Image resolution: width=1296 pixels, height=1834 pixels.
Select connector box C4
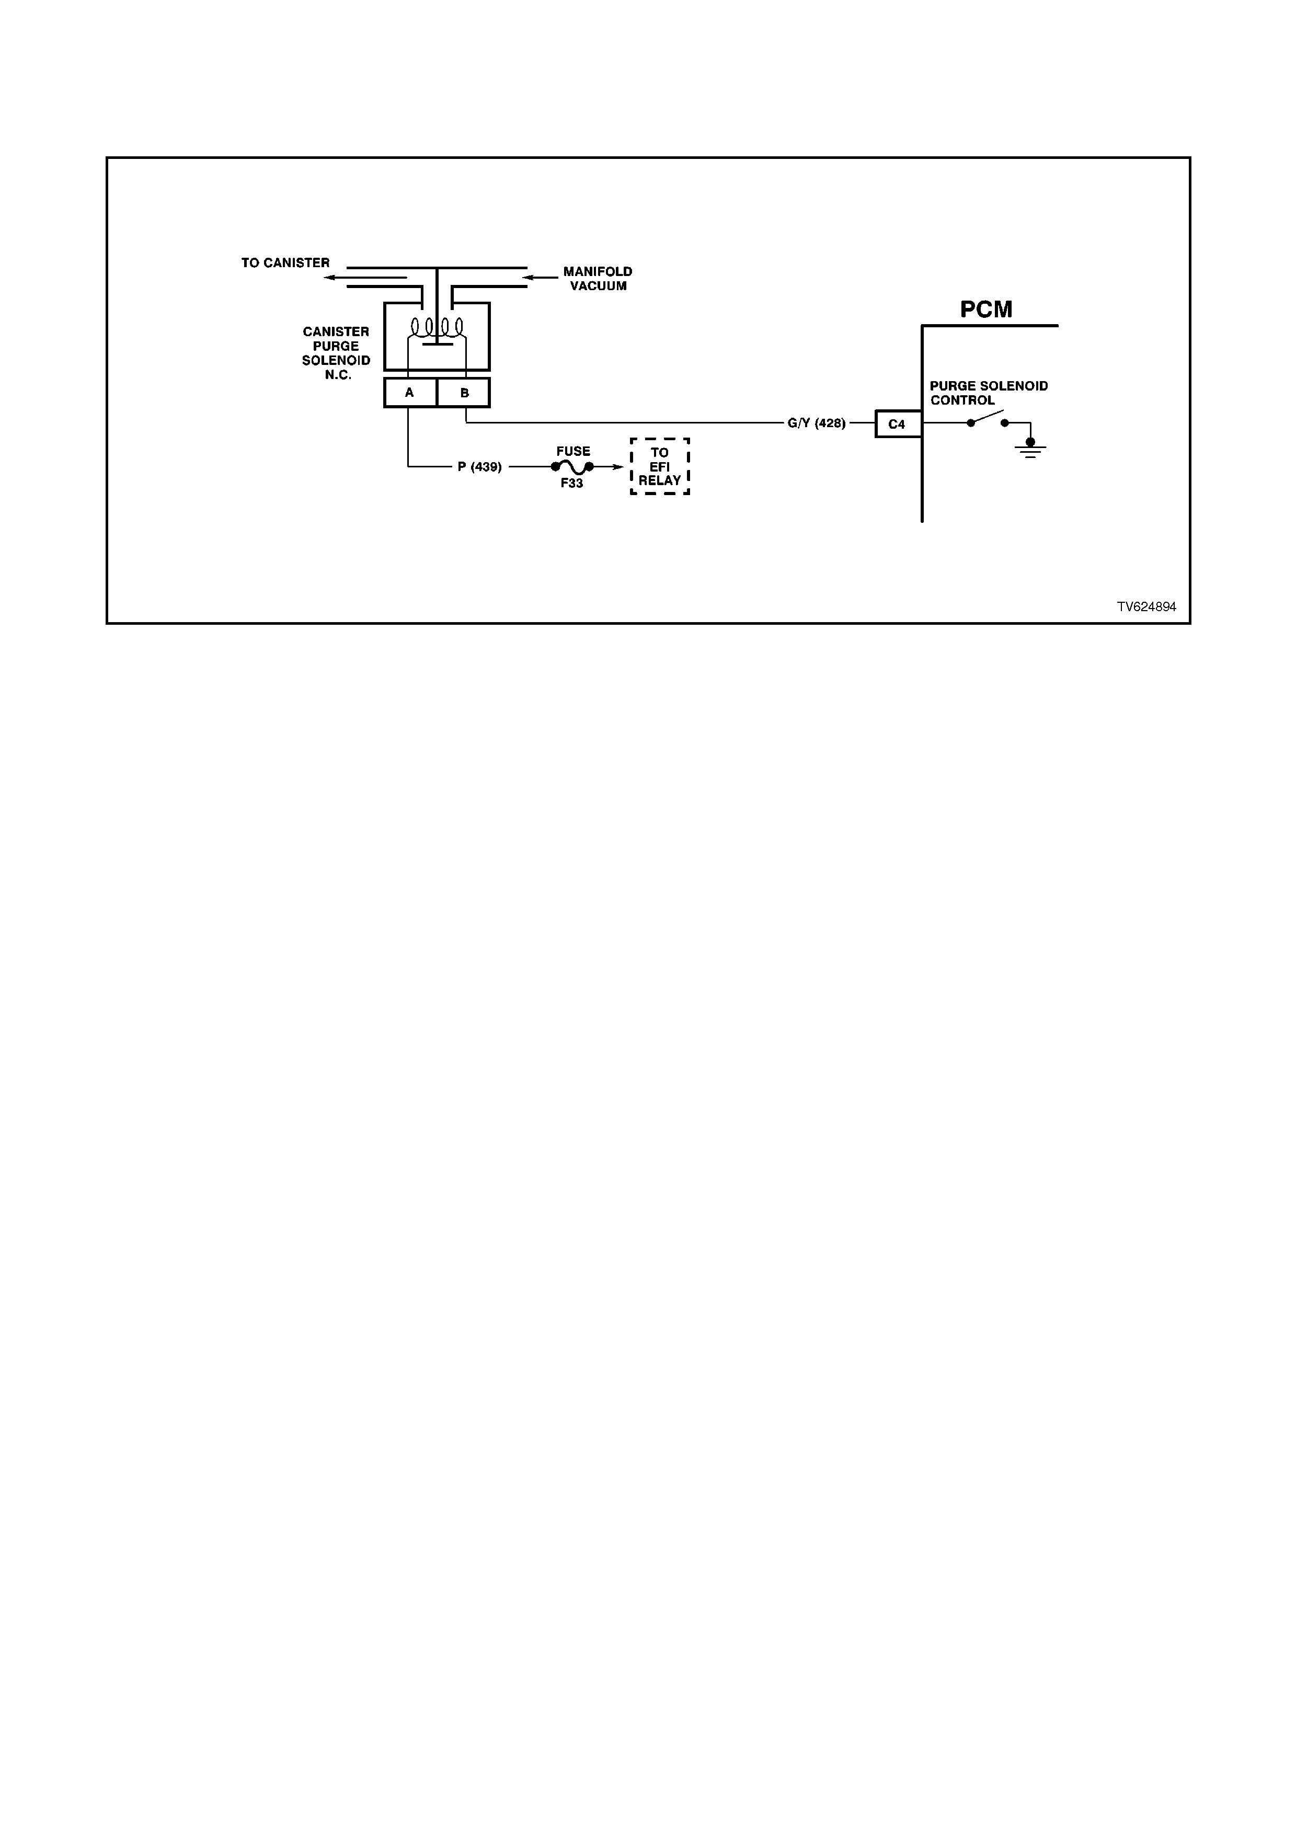click(898, 424)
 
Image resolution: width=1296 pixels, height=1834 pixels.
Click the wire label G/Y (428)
click(816, 423)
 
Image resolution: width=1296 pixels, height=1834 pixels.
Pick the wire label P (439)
click(479, 467)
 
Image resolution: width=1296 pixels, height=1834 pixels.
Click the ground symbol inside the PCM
click(1030, 448)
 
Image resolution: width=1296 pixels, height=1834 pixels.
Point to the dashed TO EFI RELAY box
click(660, 466)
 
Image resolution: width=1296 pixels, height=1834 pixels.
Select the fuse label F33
click(572, 483)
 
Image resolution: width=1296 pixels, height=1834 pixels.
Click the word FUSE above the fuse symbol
click(574, 451)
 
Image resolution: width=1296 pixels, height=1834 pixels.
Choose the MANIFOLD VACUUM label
click(598, 279)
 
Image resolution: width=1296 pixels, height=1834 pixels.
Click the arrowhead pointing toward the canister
click(329, 278)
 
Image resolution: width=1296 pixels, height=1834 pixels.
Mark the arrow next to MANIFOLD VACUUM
click(540, 278)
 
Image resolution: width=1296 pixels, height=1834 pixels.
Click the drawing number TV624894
click(1146, 607)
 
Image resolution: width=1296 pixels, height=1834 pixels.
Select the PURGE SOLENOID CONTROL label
click(989, 393)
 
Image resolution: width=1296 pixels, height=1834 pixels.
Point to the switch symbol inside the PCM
click(988, 419)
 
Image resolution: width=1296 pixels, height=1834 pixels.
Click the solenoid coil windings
click(437, 327)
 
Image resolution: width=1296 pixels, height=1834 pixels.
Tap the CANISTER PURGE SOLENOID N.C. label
click(336, 353)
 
